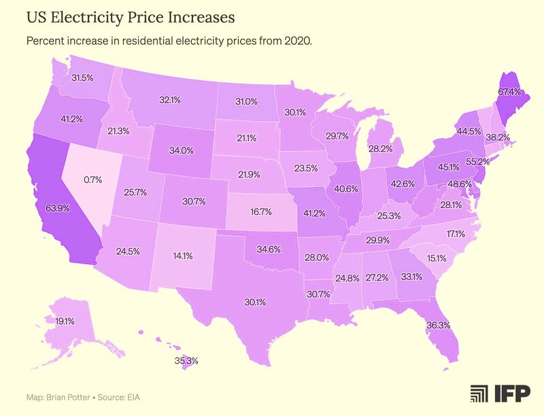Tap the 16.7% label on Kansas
coord(260,211)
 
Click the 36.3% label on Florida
coord(438,325)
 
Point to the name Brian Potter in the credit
coord(69,396)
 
